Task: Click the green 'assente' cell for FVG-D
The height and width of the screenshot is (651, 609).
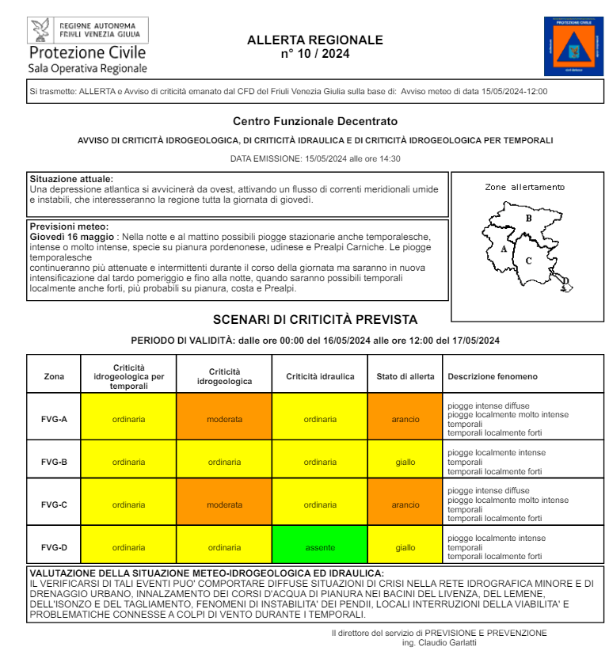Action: tap(320, 547)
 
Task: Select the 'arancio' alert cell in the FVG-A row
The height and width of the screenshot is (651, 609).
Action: tap(405, 419)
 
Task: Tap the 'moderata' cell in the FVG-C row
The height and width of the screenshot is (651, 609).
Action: tap(224, 504)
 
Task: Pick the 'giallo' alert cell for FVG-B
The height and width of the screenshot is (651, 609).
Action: tap(405, 462)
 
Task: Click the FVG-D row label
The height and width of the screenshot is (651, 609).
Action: tap(54, 547)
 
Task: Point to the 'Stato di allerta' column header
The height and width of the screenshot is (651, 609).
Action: tap(405, 376)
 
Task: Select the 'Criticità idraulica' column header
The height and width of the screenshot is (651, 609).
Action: tap(320, 376)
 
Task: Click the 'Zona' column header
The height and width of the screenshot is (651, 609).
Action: tap(54, 376)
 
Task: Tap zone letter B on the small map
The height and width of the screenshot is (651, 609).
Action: tap(528, 218)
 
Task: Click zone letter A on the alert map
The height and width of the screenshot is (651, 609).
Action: tap(503, 249)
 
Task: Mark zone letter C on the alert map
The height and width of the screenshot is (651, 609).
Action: tap(528, 260)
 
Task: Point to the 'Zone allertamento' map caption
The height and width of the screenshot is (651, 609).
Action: tap(525, 188)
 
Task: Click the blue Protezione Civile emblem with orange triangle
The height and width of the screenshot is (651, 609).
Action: tap(573, 46)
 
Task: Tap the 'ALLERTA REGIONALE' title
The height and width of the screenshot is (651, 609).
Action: tap(314, 40)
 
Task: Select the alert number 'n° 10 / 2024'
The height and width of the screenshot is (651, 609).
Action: tap(314, 54)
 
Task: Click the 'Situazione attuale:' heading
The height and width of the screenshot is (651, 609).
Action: tap(71, 179)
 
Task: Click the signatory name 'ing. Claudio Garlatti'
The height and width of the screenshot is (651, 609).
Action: tap(440, 642)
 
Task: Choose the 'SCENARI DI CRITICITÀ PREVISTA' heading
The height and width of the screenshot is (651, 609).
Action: tap(314, 320)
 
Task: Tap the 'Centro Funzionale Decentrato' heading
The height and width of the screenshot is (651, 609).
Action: tap(314, 121)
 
